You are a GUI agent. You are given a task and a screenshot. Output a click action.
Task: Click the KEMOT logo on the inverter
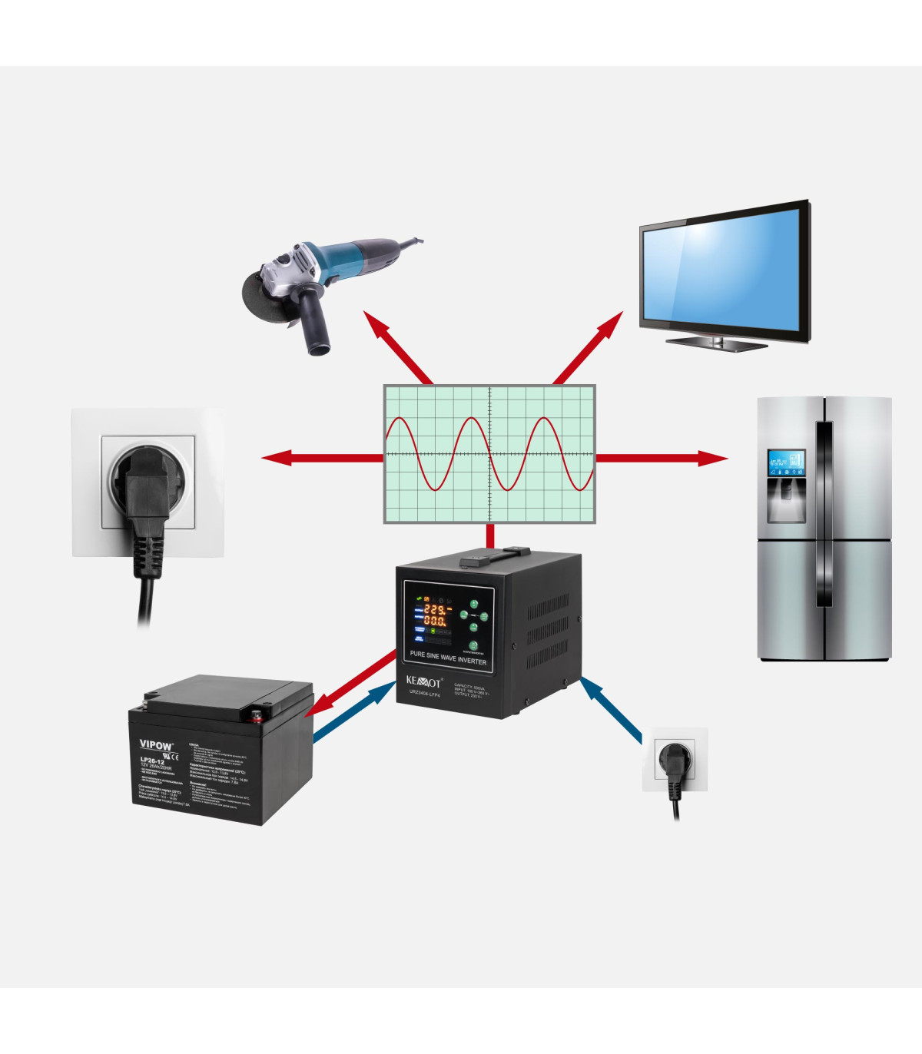click(x=423, y=681)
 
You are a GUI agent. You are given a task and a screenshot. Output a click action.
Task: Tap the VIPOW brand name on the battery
click(x=156, y=744)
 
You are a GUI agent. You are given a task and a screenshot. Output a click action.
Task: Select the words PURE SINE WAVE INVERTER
click(x=448, y=658)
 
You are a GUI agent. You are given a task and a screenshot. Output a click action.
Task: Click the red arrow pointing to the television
click(x=588, y=348)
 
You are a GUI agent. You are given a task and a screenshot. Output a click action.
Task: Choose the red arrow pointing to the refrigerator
click(x=661, y=459)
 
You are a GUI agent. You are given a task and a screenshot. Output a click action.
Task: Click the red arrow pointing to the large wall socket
click(x=323, y=459)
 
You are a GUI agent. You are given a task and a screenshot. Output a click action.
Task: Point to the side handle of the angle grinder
click(x=315, y=323)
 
